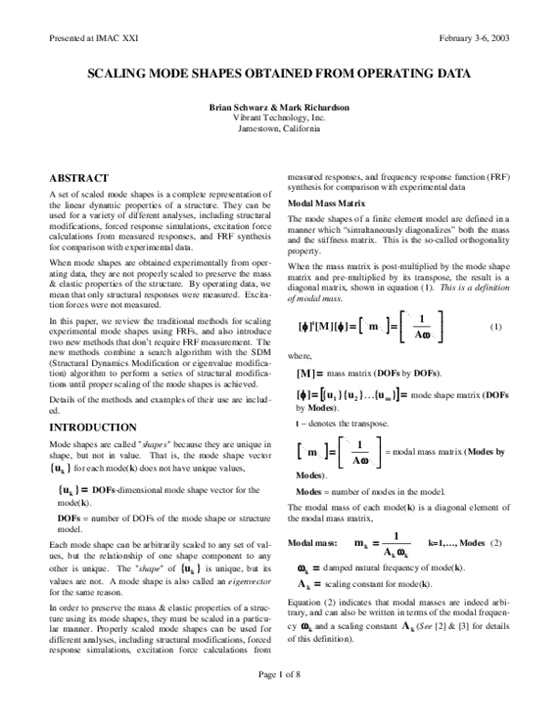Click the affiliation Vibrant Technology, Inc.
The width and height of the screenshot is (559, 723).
(x=279, y=118)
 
